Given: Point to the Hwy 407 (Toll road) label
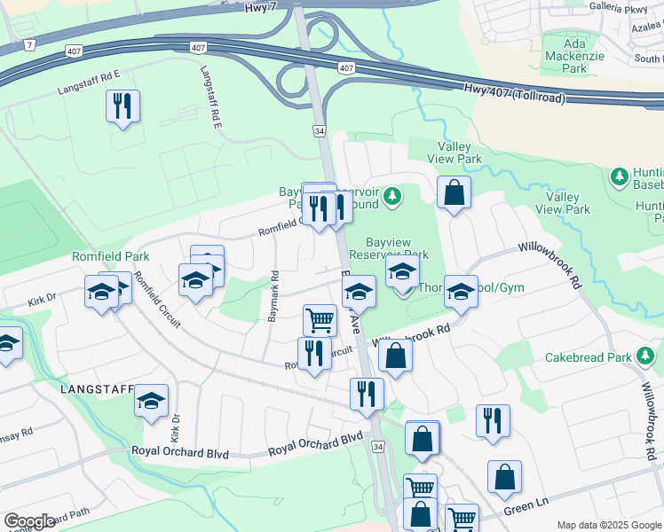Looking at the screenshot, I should click(x=514, y=93).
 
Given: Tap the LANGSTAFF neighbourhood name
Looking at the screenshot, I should click(x=97, y=389).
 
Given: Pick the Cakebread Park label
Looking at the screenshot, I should click(x=589, y=358).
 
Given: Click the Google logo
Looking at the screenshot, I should click(x=30, y=521).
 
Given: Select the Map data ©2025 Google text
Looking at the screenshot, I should click(x=609, y=525).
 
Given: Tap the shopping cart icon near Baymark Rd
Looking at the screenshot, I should click(x=320, y=319).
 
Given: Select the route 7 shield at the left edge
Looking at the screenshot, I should click(x=30, y=43).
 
